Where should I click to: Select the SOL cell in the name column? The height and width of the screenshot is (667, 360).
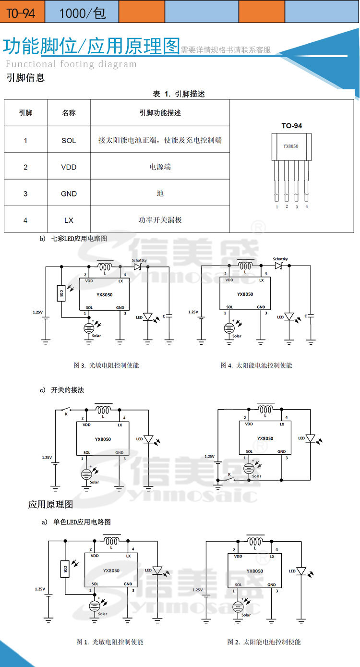coord(69,140)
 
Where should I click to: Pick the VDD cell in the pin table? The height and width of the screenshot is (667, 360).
coord(69,167)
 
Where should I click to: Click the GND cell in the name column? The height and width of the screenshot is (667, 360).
coord(69,194)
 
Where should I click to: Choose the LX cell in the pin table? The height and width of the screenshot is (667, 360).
coord(69,220)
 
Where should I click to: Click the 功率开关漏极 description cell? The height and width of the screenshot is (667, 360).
coord(160,220)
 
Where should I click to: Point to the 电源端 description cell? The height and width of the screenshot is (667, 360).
coord(160,167)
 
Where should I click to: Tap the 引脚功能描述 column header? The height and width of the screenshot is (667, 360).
coord(160,113)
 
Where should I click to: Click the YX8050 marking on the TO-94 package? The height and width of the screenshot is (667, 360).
coord(291,146)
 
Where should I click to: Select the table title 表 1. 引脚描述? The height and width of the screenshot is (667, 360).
coord(179,94)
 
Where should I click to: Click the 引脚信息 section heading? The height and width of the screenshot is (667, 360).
coord(25,78)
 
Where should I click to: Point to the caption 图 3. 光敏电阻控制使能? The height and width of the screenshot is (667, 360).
coord(106,365)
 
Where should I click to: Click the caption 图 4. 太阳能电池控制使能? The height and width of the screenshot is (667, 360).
coord(256,365)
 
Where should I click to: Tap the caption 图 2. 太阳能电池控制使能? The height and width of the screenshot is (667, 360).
coord(264,642)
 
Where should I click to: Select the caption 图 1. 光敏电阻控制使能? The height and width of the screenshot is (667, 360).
coord(110,642)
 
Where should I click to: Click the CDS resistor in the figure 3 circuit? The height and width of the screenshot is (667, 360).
coord(61,293)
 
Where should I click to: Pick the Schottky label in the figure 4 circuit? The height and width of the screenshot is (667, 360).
coord(280,259)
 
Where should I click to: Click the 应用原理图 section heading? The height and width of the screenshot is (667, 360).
coord(50,504)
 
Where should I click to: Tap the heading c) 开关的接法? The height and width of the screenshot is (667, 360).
coord(62,390)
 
